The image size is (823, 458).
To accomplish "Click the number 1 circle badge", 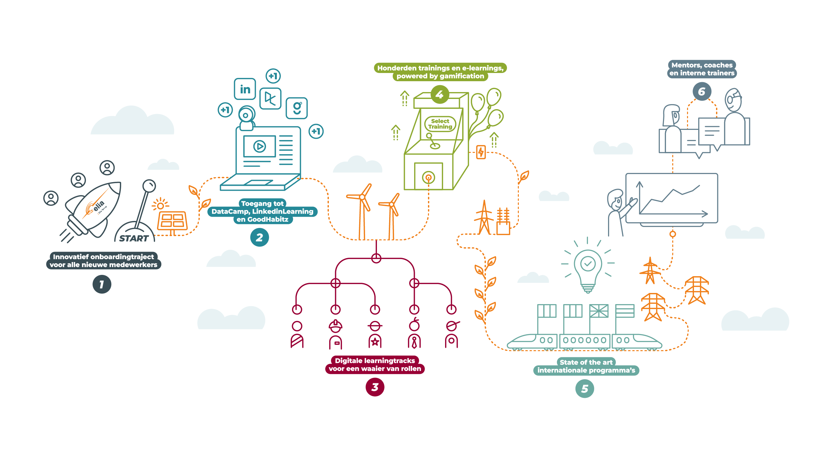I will click(x=102, y=284).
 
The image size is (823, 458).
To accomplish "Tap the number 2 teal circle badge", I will click(x=259, y=237).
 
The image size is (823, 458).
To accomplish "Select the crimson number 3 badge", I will click(x=375, y=387).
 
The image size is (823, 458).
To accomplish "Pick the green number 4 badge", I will click(x=439, y=95).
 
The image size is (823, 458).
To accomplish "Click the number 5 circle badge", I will click(x=585, y=389).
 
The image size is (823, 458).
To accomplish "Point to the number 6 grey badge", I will click(x=702, y=91).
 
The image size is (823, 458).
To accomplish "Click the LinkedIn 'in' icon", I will click(x=245, y=89).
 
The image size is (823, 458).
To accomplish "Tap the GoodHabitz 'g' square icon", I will click(x=297, y=108).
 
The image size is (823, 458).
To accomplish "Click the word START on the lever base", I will click(x=134, y=238).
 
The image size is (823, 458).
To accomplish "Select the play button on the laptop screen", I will click(x=259, y=146).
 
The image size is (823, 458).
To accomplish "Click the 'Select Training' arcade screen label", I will click(x=440, y=124).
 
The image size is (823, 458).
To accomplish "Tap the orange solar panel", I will click(x=172, y=221).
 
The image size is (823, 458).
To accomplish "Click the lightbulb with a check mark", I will click(x=588, y=268).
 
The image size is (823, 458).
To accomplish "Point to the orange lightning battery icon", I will click(x=481, y=152).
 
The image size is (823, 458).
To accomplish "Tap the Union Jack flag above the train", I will click(x=599, y=311).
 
